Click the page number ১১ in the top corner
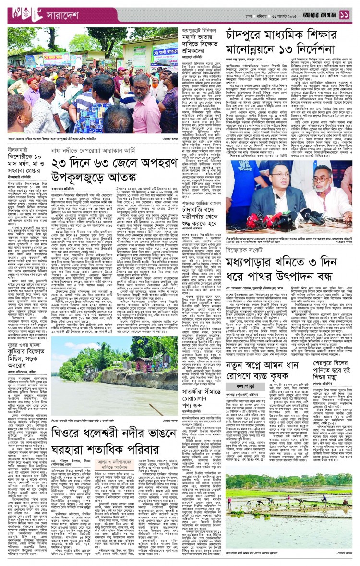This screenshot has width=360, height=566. click(x=345, y=15)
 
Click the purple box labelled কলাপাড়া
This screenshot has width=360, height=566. click(x=244, y=385)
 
